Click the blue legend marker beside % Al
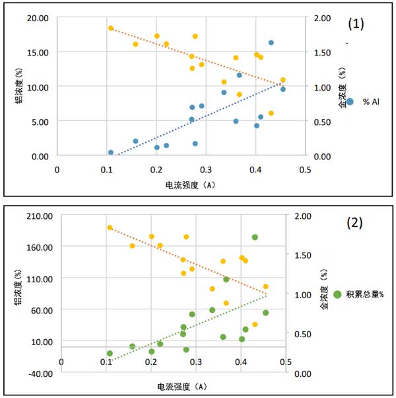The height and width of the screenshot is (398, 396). point(350,102)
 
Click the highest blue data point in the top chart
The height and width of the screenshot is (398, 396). point(271,43)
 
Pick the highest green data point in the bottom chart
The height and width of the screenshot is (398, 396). point(255,237)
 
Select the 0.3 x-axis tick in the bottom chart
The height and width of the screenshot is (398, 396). point(195,362)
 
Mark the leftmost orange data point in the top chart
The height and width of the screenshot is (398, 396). point(111,28)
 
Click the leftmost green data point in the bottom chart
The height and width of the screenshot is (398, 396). point(110,354)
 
